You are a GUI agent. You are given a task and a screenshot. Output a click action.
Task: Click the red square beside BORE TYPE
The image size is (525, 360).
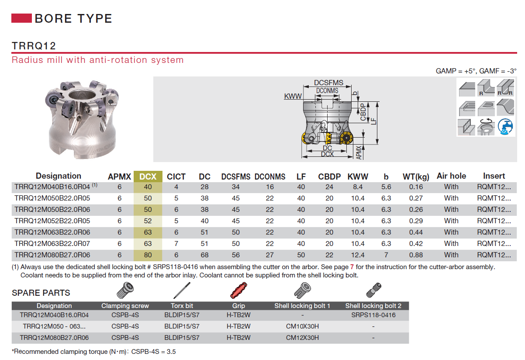(x=21, y=18)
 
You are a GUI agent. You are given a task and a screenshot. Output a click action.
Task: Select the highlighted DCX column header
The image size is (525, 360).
(x=148, y=177)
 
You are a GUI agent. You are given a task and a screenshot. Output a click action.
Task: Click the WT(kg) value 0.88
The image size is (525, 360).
(x=416, y=255)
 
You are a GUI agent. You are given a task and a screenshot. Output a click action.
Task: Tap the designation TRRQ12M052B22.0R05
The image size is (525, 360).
(x=52, y=221)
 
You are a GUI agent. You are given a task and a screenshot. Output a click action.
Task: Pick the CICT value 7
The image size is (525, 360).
(x=176, y=243)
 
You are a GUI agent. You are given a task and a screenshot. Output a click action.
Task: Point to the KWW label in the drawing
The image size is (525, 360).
(x=293, y=96)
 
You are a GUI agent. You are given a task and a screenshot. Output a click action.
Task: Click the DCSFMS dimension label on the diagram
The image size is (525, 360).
(x=328, y=83)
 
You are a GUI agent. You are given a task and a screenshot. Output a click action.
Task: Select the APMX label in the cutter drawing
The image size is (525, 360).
(x=359, y=153)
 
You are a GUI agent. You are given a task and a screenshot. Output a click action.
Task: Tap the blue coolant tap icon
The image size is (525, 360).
(x=505, y=127)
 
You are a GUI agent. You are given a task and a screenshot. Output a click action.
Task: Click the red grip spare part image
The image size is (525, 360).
(x=238, y=290)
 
